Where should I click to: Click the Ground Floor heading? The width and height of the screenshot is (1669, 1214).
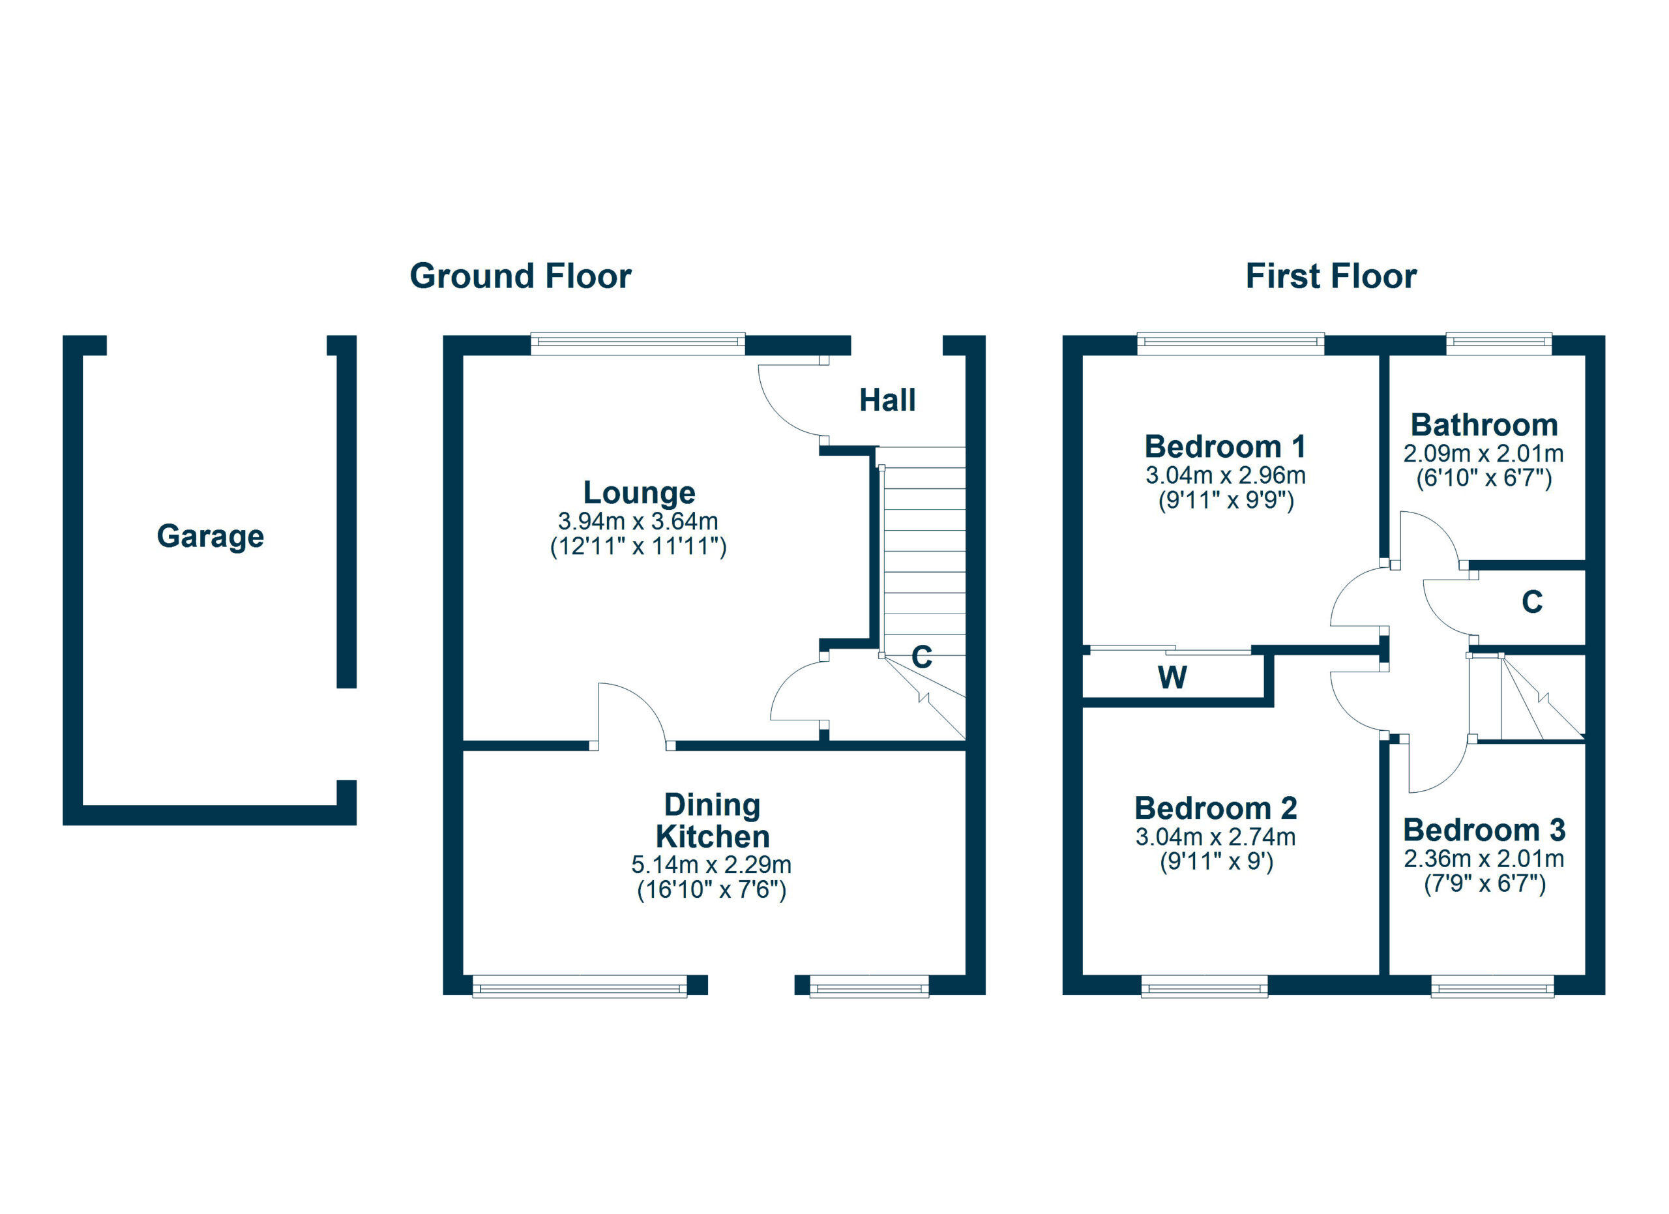(520, 276)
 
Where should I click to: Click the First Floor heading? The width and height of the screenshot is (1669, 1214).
(1331, 276)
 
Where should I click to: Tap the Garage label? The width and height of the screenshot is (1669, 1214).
(211, 536)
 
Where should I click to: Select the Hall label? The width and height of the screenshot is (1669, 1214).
(887, 400)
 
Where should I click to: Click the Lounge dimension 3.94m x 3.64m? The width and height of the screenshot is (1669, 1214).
(638, 521)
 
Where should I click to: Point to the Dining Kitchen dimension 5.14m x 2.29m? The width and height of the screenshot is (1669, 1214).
(711, 865)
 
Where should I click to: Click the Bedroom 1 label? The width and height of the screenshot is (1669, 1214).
(1225, 447)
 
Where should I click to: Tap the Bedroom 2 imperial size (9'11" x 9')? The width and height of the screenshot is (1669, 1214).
(1217, 861)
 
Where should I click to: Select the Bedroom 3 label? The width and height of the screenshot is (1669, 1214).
(1484, 830)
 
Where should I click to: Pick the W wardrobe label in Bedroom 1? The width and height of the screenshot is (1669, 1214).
(1172, 677)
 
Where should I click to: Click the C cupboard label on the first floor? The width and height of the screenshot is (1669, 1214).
(1532, 602)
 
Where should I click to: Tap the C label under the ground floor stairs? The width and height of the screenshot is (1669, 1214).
(922, 657)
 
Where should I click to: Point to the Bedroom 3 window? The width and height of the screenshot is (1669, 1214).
(1492, 986)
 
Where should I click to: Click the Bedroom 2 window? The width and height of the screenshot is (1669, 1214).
(1204, 986)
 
